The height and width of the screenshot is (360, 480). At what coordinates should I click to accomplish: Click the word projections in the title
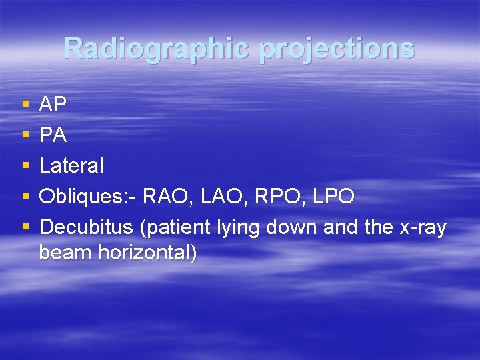click(337, 49)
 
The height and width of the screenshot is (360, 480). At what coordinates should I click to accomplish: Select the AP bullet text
click(53, 105)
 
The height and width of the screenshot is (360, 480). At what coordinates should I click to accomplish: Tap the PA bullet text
click(53, 135)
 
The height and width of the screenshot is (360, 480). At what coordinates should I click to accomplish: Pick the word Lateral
click(71, 166)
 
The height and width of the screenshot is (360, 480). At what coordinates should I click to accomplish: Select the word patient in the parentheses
click(175, 227)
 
